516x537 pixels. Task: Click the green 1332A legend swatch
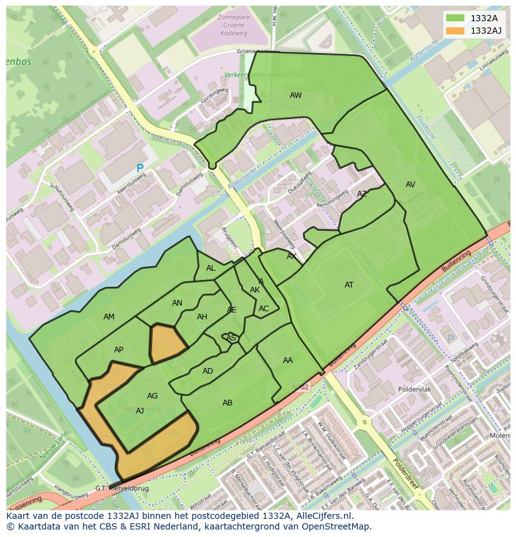tap(456, 18)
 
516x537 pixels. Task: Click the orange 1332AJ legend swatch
tap(456, 31)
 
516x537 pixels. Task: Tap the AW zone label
tap(295, 95)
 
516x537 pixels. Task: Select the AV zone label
tap(410, 185)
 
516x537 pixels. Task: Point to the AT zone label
tap(349, 285)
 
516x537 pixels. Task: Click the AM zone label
tap(109, 317)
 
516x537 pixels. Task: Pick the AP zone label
tap(118, 350)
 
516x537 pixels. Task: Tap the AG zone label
tap(152, 396)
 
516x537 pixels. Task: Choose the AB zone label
tap(227, 403)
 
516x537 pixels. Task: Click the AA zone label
tap(287, 360)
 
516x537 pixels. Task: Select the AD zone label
tap(208, 371)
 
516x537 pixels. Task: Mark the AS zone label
tap(231, 338)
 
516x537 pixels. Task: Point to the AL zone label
tap(211, 268)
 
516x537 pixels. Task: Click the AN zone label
tap(177, 303)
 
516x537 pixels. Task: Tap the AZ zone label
tap(361, 194)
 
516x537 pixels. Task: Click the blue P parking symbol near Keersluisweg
tap(140, 168)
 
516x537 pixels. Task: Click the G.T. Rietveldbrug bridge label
tap(122, 488)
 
